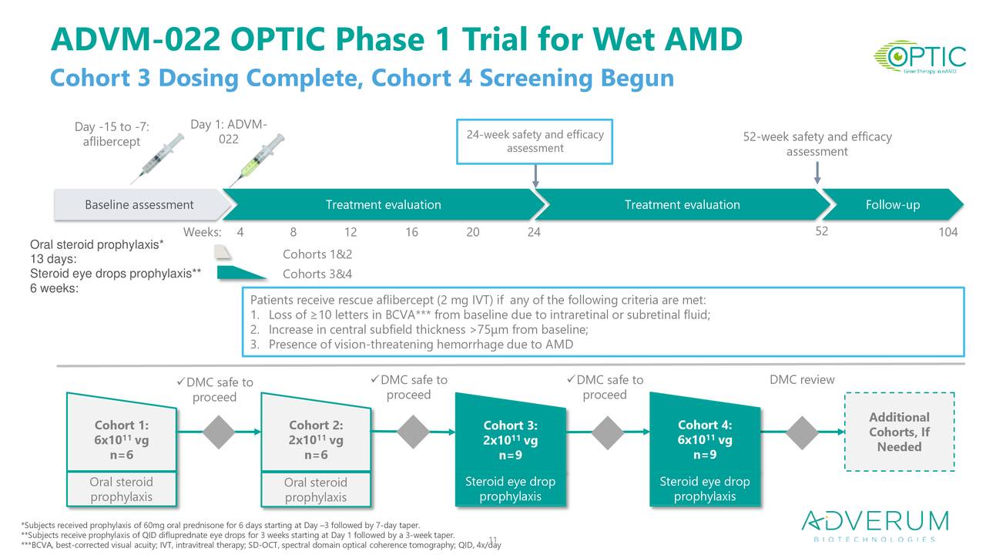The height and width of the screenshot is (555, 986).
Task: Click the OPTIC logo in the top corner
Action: (919, 57)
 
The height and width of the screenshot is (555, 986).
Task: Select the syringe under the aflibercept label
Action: (159, 158)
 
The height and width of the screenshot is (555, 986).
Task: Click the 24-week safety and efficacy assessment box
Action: (535, 141)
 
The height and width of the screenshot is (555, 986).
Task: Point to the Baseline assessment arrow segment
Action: (140, 205)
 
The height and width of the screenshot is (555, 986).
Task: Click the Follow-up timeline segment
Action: (892, 205)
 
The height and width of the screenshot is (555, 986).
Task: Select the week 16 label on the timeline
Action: (411, 232)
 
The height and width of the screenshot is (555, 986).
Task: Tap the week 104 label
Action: (947, 232)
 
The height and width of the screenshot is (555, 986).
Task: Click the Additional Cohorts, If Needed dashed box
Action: (899, 431)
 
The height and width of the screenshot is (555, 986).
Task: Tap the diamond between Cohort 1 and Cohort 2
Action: (220, 432)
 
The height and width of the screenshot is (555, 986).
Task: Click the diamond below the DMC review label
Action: (803, 432)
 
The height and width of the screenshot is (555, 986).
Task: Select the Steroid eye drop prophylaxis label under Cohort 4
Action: (704, 489)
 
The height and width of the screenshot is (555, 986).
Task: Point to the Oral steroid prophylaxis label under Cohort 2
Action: (316, 489)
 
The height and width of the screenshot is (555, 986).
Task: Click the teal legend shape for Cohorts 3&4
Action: (241, 272)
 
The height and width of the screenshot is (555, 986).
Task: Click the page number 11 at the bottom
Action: (494, 540)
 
